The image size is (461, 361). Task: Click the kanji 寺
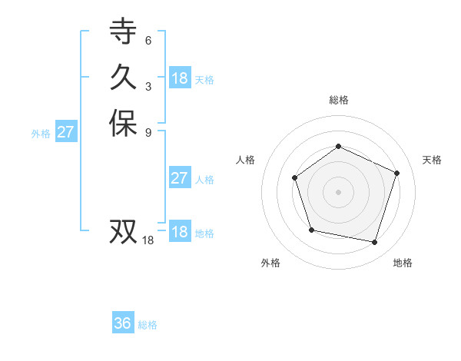123,31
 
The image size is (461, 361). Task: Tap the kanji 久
123,78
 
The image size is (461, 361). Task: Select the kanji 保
123,124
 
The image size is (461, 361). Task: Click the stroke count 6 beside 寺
148,40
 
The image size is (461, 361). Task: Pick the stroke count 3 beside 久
148,86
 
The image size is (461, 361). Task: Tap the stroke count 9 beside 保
148,132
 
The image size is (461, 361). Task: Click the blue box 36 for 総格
123,323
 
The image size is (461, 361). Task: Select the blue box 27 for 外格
66,132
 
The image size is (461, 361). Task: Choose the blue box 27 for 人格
179,178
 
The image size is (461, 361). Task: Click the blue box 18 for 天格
180,78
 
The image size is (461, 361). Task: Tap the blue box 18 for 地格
180,232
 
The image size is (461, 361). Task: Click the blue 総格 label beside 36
148,325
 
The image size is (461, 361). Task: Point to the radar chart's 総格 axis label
339,100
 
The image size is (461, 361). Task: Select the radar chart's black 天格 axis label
432,160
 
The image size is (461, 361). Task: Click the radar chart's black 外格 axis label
270,263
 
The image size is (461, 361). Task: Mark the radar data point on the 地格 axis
375,242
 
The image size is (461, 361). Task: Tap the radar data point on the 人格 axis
295,178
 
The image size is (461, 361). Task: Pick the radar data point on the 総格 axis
338,146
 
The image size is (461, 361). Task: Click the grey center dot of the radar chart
338,192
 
